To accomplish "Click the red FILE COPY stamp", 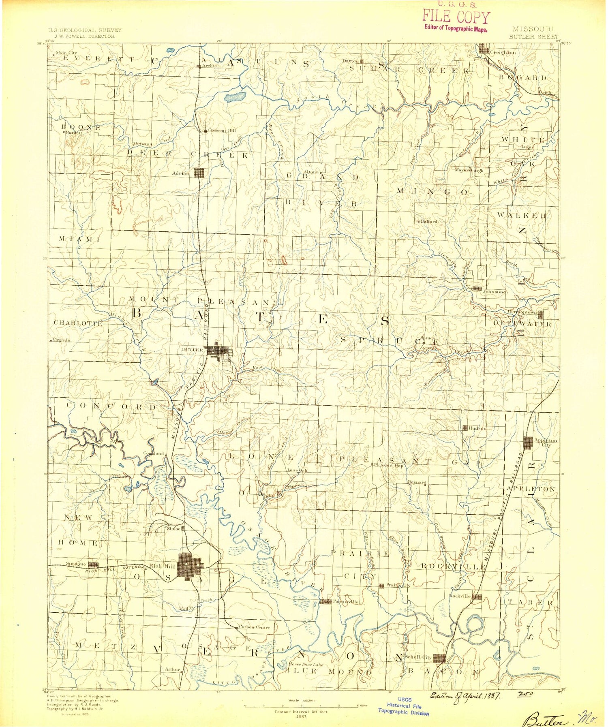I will tap(456, 17).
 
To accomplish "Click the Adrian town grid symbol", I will tap(199, 173).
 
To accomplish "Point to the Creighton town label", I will tap(503, 52).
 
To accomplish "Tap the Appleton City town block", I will tap(528, 443).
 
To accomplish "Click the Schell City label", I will tap(419, 657).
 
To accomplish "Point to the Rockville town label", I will tap(460, 596).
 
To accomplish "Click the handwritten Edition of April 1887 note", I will tap(465, 695).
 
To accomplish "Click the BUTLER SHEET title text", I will tap(533, 36).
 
